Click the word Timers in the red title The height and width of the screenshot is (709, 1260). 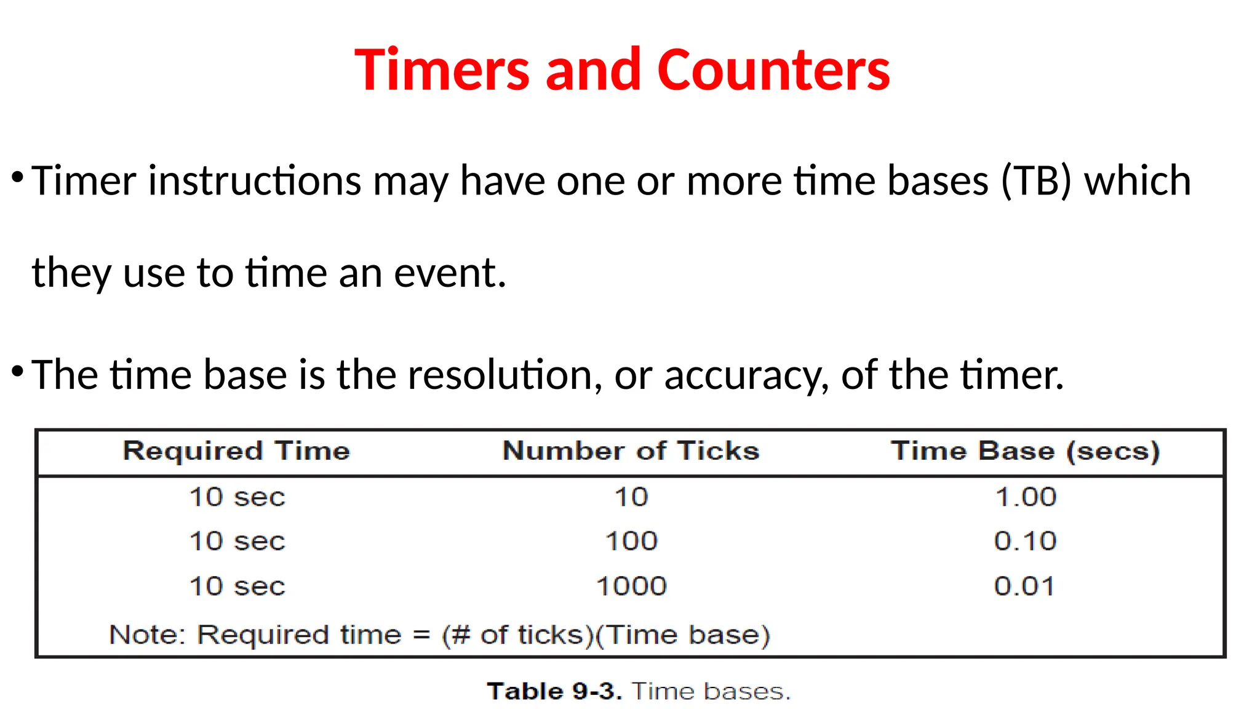(x=442, y=70)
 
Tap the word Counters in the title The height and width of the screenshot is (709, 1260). (x=773, y=70)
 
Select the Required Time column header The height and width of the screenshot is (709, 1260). (x=237, y=451)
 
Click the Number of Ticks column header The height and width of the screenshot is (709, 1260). (x=631, y=451)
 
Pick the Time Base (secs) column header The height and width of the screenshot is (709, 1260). (x=1026, y=451)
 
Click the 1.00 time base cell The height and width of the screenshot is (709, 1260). (x=1026, y=497)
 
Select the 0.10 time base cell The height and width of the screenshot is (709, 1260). (x=1026, y=542)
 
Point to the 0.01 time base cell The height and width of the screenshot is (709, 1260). (x=1024, y=587)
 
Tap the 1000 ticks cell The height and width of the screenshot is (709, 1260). (x=632, y=587)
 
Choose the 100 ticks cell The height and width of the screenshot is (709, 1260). (x=632, y=542)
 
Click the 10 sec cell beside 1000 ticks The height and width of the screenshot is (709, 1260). (x=237, y=587)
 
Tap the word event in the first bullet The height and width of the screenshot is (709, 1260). (x=449, y=273)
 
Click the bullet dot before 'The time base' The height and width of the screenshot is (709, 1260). (x=17, y=371)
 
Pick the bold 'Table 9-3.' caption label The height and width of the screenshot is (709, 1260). (x=554, y=692)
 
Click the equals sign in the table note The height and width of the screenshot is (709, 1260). (x=421, y=635)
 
